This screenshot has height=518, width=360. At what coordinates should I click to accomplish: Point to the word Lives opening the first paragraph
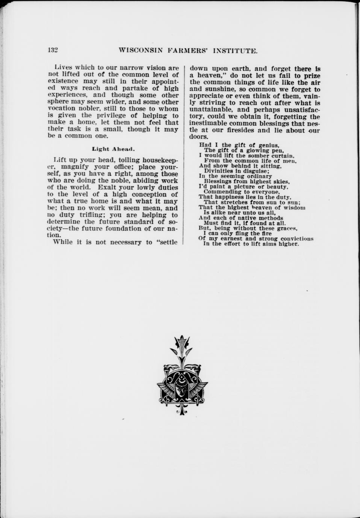click(x=62, y=68)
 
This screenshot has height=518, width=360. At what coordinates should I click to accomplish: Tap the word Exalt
click(x=108, y=187)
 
